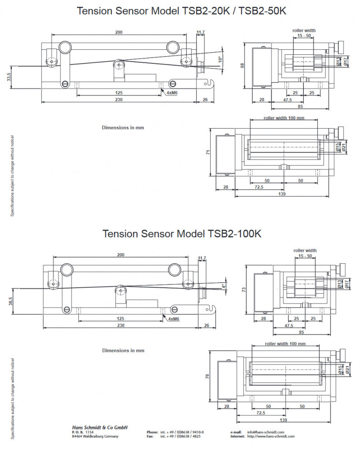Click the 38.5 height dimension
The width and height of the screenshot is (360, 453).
[10, 302]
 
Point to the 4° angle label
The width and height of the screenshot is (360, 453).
[223, 286]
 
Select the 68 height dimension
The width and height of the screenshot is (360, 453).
[242, 66]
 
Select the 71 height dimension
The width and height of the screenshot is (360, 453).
[209, 153]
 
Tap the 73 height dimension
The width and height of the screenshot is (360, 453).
[244, 289]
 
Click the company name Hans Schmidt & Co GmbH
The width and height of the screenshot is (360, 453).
[100, 427]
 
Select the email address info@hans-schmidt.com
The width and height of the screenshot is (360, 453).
[265, 432]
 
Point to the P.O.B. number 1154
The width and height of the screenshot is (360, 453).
[89, 432]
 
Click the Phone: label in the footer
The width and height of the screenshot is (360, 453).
[152, 432]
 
